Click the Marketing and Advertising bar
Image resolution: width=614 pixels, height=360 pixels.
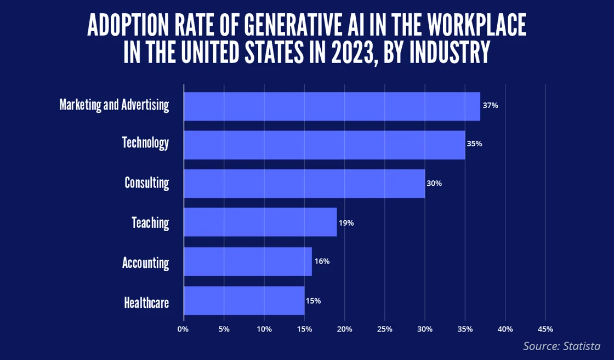coord(332,106)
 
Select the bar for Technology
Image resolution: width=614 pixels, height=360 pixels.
coord(324,145)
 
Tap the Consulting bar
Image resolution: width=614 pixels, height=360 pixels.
coord(304,184)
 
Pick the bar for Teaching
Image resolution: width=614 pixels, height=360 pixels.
coord(260,222)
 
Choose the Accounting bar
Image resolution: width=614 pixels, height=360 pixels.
coord(247,261)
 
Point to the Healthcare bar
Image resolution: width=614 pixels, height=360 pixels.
coord(244,300)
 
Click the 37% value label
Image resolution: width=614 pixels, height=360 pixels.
coord(490,105)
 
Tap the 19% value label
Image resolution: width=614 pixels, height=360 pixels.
coord(346,223)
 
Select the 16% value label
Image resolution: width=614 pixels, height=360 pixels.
coord(322,261)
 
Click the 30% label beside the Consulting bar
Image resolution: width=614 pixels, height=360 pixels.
coord(434,184)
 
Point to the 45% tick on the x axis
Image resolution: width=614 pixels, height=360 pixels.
coord(545,329)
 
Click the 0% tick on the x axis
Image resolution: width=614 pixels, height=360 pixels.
coord(183,329)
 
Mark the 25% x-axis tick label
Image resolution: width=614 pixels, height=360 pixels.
coord(385,329)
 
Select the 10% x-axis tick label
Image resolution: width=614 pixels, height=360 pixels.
coord(264,329)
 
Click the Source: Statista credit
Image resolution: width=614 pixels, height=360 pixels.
coord(561,346)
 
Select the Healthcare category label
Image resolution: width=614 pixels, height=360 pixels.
coord(146,302)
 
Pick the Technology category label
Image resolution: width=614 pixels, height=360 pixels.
coord(145,143)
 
